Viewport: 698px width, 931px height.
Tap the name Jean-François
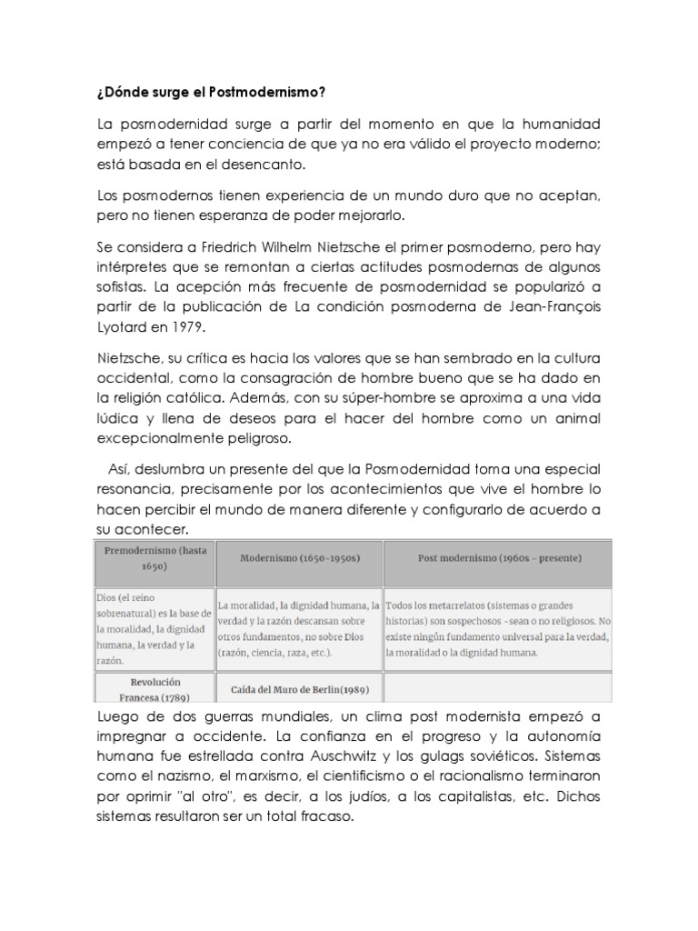[552, 306]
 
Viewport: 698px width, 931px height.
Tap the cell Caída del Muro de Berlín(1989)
[299, 688]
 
